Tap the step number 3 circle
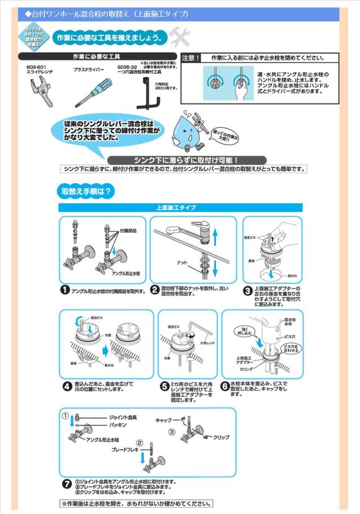[x=247, y=291]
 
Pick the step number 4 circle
[x=66, y=386]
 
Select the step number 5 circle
[x=164, y=386]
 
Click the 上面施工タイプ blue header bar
[x=181, y=208]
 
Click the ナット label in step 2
[x=182, y=263]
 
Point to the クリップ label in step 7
[x=221, y=437]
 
